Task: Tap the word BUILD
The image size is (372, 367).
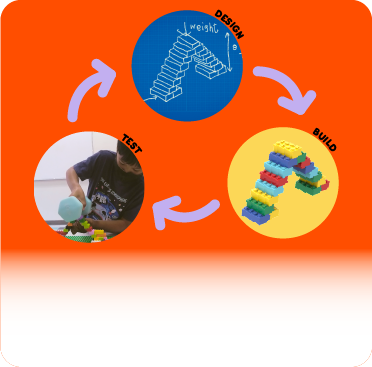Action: (324, 139)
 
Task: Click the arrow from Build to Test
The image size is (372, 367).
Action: (188, 210)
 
